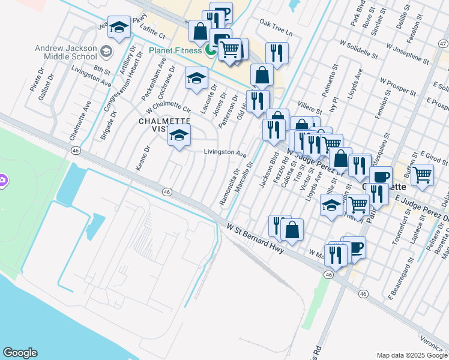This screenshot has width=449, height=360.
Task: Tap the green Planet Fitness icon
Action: click(x=210, y=50)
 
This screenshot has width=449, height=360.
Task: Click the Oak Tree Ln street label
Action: click(x=276, y=31)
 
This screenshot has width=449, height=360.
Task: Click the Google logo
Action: click(x=20, y=353)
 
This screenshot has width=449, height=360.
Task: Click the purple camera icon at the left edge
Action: click(x=2, y=179)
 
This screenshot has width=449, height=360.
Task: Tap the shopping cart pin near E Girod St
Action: click(x=423, y=175)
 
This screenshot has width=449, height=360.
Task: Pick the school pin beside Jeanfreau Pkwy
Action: click(x=119, y=28)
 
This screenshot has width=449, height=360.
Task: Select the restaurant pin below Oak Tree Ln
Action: click(x=277, y=53)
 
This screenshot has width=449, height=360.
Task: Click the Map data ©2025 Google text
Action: click(x=412, y=355)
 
